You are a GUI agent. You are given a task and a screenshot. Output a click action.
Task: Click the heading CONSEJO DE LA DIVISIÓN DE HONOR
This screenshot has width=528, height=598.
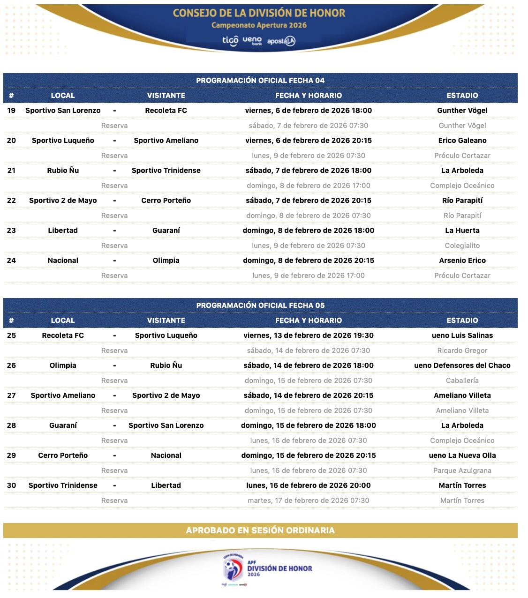pyautogui.click(x=259, y=13)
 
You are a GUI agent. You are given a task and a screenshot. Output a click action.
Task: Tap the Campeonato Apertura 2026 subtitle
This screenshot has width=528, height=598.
pyautogui.click(x=259, y=25)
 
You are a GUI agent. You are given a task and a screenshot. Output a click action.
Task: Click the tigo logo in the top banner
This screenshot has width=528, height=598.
pyautogui.click(x=230, y=41)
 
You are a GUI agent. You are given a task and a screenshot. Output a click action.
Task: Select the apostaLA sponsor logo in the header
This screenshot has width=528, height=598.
pyautogui.click(x=281, y=41)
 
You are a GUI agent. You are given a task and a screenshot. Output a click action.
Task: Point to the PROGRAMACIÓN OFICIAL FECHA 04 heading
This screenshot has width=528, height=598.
pyautogui.click(x=260, y=80)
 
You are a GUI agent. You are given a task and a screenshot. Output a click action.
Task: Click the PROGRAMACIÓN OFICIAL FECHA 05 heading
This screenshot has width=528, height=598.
pyautogui.click(x=260, y=305)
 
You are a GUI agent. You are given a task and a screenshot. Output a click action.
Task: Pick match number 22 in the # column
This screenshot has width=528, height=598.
pyautogui.click(x=11, y=200)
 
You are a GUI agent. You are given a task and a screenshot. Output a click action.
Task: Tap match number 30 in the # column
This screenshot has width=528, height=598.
pyautogui.click(x=11, y=485)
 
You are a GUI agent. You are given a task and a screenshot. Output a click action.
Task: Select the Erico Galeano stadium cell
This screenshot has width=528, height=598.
pyautogui.click(x=462, y=140)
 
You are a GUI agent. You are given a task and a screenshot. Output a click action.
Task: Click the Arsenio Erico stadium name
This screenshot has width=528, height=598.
pyautogui.click(x=462, y=260)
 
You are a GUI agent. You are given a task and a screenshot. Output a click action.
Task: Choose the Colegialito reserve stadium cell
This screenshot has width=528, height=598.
pyautogui.click(x=462, y=245)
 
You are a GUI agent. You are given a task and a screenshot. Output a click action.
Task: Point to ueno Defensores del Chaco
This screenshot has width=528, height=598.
pyautogui.click(x=462, y=365)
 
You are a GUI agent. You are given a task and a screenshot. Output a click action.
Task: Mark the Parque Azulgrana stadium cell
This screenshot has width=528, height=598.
pyautogui.click(x=462, y=470)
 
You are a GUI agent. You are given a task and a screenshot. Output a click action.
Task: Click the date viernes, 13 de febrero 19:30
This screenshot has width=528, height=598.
pyautogui.click(x=308, y=335)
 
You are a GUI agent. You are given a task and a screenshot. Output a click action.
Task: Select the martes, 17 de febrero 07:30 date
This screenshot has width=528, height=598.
pyautogui.click(x=308, y=500)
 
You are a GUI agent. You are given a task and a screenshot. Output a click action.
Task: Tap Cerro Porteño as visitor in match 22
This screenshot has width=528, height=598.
pyautogui.click(x=166, y=200)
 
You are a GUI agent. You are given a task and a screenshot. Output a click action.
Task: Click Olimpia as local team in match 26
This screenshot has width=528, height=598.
pyautogui.click(x=63, y=365)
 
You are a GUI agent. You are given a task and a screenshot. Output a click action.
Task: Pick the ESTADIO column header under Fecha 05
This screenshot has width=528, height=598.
pyautogui.click(x=462, y=320)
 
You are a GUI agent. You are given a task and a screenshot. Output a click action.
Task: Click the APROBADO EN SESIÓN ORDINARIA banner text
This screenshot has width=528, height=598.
pyautogui.click(x=260, y=530)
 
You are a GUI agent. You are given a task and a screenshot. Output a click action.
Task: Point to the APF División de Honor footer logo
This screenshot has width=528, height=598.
pyautogui.click(x=267, y=568)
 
